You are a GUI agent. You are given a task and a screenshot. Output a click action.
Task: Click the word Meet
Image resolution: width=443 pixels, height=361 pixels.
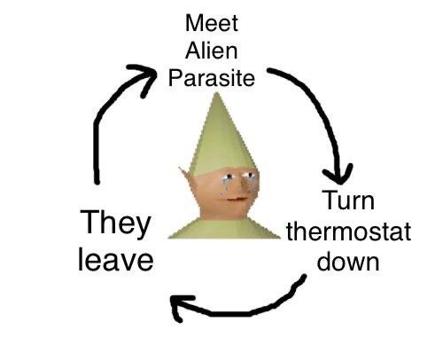pyautogui.click(x=212, y=23)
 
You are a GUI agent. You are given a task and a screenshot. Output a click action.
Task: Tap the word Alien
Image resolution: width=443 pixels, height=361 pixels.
pyautogui.click(x=212, y=51)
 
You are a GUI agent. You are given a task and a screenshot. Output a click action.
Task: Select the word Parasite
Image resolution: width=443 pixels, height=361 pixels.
pyautogui.click(x=212, y=78)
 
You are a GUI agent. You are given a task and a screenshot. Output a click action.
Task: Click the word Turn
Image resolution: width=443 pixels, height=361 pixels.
pyautogui.click(x=349, y=200)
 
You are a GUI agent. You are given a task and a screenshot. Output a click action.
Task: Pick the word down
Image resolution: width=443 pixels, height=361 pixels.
pyautogui.click(x=348, y=262)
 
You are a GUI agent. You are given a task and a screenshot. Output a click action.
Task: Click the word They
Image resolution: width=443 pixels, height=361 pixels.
pyautogui.click(x=115, y=223)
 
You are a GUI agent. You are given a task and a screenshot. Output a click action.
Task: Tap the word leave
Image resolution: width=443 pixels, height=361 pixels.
pyautogui.click(x=116, y=259)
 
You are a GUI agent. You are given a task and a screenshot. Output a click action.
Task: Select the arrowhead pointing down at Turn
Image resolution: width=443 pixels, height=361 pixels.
pyautogui.click(x=338, y=174)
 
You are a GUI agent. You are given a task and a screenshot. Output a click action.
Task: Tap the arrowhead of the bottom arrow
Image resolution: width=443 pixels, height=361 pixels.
pyautogui.click(x=181, y=308)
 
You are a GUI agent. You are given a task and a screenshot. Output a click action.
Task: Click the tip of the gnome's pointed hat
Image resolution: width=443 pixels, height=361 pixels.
pyautogui.click(x=217, y=93)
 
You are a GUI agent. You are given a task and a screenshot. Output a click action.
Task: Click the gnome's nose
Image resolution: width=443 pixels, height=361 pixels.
pyautogui.click(x=241, y=186)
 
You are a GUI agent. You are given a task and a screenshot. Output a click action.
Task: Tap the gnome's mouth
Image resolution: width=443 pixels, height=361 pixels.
pyautogui.click(x=236, y=200)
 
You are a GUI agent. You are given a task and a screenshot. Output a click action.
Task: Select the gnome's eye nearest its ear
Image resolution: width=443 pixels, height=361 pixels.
pyautogui.click(x=228, y=177)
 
